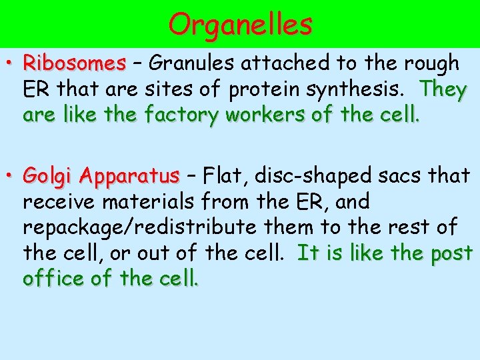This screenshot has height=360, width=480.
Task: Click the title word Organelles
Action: [x=240, y=25]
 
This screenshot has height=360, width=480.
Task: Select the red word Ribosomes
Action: [x=74, y=63]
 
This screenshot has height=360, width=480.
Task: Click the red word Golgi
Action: [x=49, y=177]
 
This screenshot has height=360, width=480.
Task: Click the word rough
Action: [x=436, y=64]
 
